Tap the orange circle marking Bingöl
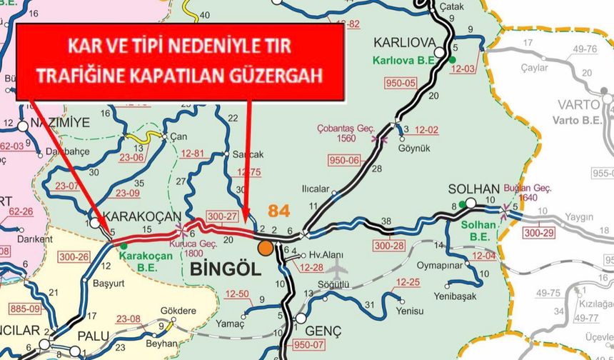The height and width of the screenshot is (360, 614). [266, 248]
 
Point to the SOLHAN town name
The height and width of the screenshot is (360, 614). [473, 190]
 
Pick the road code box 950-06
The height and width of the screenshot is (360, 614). [344, 161]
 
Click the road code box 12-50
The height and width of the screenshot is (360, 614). [237, 294]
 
